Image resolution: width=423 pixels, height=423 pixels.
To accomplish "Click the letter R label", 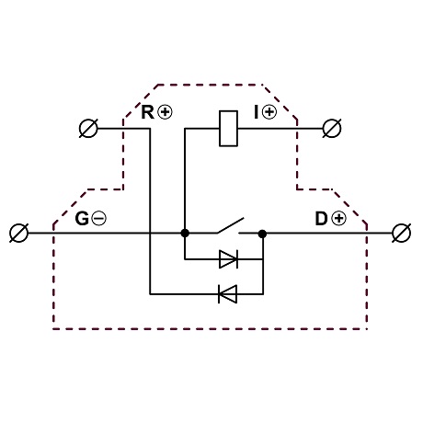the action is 147,112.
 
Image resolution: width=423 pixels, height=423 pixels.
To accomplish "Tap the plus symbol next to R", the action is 165,112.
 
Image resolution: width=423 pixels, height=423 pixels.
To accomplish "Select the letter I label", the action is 257,112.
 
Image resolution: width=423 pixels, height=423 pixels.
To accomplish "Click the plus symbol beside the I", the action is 269,112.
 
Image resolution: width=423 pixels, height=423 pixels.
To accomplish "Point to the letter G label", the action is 82,219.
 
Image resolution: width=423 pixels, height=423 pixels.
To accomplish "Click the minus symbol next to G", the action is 98,219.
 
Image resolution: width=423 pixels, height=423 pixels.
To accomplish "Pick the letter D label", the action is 322,219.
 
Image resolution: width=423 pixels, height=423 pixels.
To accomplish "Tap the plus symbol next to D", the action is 338,219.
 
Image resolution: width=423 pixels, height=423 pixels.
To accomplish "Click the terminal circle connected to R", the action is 88,128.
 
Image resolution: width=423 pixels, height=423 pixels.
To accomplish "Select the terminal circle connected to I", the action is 332,128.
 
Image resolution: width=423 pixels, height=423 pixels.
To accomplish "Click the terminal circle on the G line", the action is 19,233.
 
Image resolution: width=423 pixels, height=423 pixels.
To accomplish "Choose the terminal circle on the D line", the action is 402,233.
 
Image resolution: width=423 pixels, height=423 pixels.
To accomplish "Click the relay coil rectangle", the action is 229,129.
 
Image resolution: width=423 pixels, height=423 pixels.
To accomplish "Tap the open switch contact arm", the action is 231,225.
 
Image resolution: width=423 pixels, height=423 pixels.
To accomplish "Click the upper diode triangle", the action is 228,259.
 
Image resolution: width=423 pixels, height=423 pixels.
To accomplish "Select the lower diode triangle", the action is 227,294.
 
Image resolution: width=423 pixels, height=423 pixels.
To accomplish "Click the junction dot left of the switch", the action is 185,234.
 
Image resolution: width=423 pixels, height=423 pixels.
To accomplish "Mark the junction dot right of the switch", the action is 262,234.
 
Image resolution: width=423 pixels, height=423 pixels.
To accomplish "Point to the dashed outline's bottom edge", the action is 211,329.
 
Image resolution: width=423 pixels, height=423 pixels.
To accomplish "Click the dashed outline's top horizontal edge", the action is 211,85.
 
